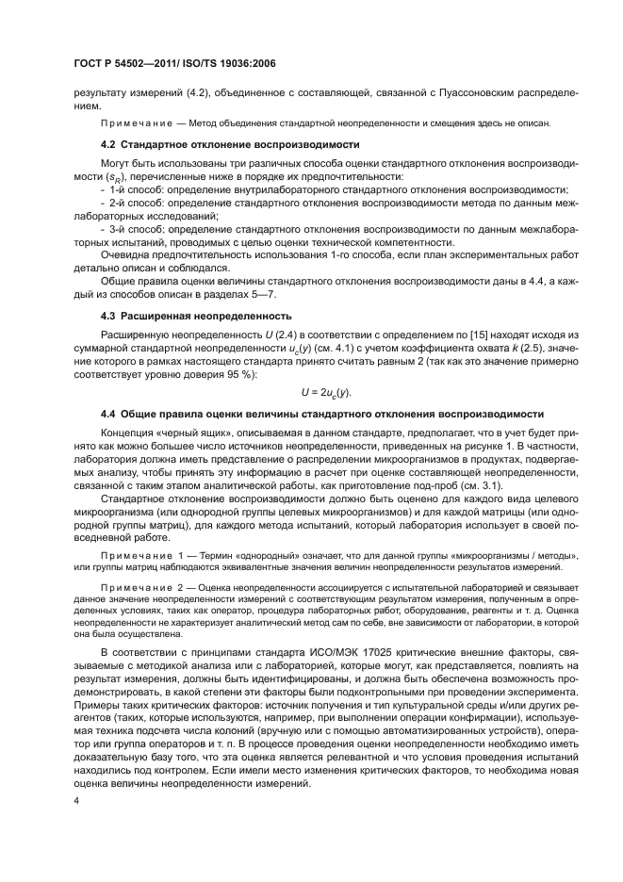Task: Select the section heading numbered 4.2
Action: pyautogui.click(x=230, y=146)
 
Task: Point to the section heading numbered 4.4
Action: pyautogui.click(x=321, y=414)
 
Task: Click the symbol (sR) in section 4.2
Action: pyautogui.click(x=123, y=177)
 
